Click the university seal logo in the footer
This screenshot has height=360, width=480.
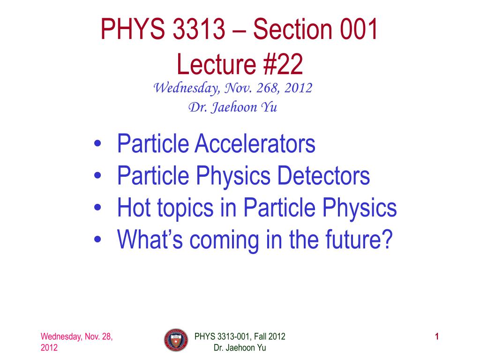coord(176,340)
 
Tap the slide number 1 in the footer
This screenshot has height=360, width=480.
coord(437,337)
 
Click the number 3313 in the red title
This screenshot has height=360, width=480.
coord(199,29)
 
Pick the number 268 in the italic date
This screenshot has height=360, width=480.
coord(267,88)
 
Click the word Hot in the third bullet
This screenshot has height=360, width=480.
coord(134,208)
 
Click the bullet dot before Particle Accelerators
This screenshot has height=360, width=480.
coord(97,143)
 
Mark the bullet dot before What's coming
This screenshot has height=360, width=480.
coord(97,239)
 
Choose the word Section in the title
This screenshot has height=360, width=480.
coord(292,29)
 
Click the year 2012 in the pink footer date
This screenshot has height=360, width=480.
coord(49,348)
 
